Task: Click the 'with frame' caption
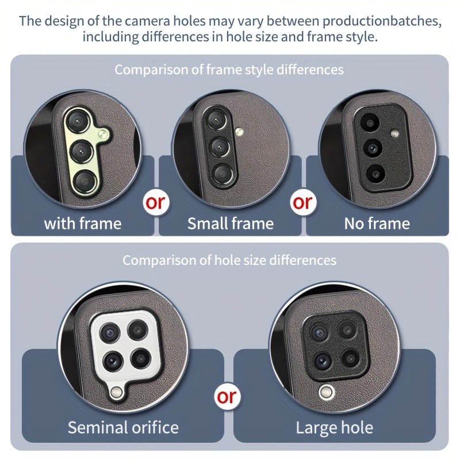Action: [83, 224]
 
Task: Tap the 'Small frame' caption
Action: [231, 224]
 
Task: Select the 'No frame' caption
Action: [377, 224]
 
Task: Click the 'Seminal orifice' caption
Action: [123, 427]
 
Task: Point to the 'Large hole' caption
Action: [335, 428]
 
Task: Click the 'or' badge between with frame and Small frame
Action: [156, 202]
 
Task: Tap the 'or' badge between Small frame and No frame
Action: [303, 202]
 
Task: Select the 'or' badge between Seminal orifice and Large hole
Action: [227, 397]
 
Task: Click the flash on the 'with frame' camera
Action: [102, 135]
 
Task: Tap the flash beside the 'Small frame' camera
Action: [239, 132]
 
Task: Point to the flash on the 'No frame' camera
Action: [394, 134]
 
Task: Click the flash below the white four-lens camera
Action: [117, 392]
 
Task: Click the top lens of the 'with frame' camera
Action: [78, 121]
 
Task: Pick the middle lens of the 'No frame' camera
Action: [373, 147]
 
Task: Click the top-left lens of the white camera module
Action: [110, 333]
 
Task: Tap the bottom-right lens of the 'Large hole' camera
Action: [350, 358]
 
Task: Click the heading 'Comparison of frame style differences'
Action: [229, 70]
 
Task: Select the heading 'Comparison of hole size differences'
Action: [229, 260]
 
